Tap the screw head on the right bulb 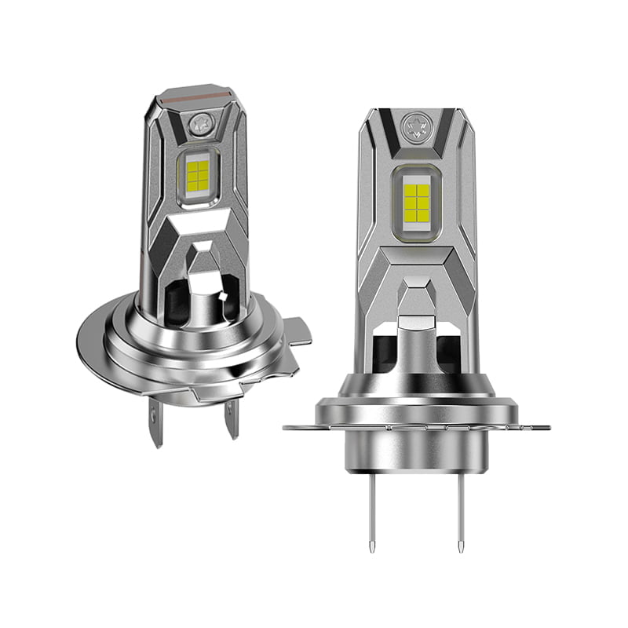coord(415,125)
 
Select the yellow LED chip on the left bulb coord(197,170)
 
